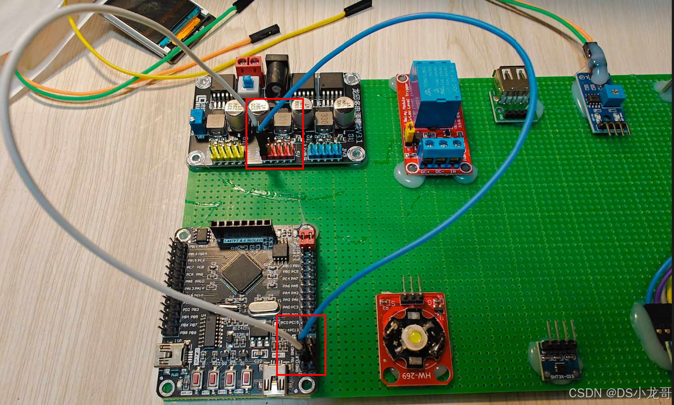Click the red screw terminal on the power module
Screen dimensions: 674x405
[x=249, y=67]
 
